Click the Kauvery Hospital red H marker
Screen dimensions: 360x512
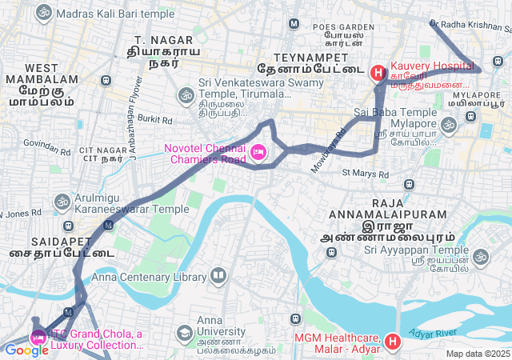point(378,73)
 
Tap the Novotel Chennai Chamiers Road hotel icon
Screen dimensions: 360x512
point(258,152)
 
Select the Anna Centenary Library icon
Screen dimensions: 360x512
point(218,277)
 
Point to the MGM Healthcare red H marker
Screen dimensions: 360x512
point(392,342)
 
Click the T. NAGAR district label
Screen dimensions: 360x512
point(159,40)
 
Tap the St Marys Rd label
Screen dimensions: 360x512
point(365,173)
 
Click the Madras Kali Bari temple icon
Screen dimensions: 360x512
point(43,14)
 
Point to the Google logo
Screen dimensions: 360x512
point(26,350)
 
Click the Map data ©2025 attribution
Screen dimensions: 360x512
point(478,354)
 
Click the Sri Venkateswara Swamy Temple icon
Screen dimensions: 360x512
point(186,95)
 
